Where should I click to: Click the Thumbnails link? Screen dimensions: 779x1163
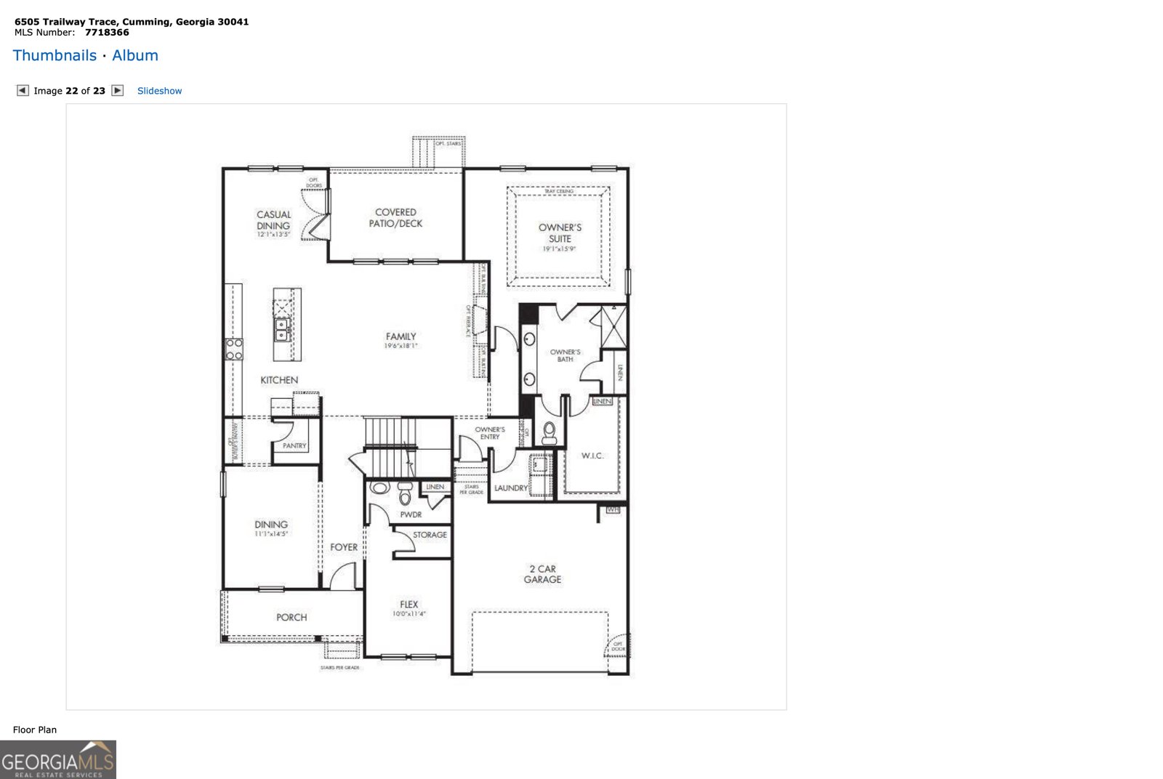coord(55,55)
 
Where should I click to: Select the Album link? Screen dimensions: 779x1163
coord(135,55)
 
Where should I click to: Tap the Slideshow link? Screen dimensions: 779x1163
coord(159,91)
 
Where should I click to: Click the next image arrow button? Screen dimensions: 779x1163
coord(118,90)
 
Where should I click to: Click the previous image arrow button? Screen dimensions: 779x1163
coord(23,90)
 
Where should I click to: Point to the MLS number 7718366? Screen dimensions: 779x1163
coord(107,32)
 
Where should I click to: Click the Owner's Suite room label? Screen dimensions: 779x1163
coord(560,233)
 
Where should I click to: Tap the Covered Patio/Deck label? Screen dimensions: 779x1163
coord(395,218)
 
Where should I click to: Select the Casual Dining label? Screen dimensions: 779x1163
coord(273,220)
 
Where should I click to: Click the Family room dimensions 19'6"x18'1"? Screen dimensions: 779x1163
coord(401,346)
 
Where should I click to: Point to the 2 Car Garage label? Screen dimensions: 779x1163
coord(542,574)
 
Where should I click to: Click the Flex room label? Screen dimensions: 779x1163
coord(409,604)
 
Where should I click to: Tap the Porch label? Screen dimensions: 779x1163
coord(291,617)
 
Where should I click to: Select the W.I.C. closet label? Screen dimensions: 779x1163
coord(592,456)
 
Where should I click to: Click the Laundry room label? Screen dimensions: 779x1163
coord(510,488)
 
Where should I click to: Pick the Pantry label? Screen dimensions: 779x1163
coord(294,445)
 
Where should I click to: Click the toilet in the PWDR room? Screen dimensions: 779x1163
coord(405,496)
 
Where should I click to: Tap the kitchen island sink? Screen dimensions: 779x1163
coord(282,330)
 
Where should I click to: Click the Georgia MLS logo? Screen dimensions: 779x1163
coord(58,759)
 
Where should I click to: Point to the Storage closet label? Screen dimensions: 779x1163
coord(430,534)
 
